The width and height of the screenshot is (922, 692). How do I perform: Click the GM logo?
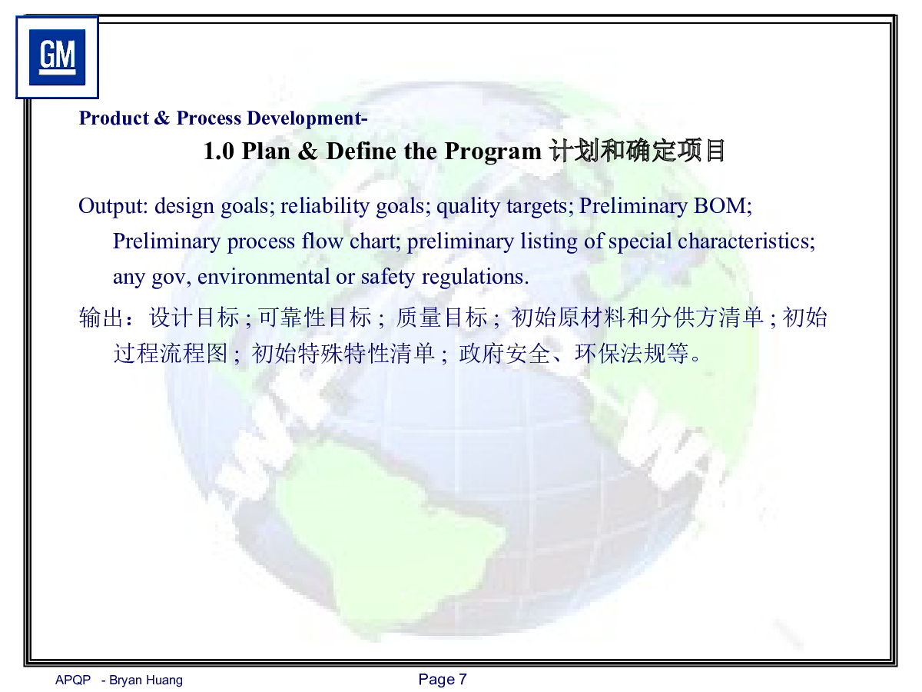click(x=57, y=57)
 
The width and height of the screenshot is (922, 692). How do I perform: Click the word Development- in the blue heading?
click(x=307, y=118)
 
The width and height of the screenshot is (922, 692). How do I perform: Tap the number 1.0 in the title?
click(x=218, y=151)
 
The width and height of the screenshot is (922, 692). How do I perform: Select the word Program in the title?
click(x=493, y=152)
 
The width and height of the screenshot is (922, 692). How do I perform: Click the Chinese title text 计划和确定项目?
click(x=637, y=151)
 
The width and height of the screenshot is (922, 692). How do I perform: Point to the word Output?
click(x=114, y=206)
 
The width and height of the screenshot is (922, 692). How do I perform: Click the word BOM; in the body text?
click(x=722, y=206)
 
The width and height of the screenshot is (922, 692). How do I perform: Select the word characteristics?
click(x=746, y=241)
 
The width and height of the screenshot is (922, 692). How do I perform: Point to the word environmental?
click(x=264, y=277)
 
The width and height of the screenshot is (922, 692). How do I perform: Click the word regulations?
click(x=475, y=278)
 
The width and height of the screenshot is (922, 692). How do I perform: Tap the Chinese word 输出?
click(x=101, y=318)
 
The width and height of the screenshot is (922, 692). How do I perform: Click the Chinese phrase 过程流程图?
click(x=171, y=353)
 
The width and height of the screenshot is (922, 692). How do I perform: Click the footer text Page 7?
click(x=443, y=680)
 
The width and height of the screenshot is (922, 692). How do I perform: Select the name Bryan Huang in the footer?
click(x=146, y=680)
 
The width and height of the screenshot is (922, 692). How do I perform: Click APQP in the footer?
click(x=73, y=680)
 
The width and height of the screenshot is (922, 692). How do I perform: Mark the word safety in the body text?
click(x=388, y=278)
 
